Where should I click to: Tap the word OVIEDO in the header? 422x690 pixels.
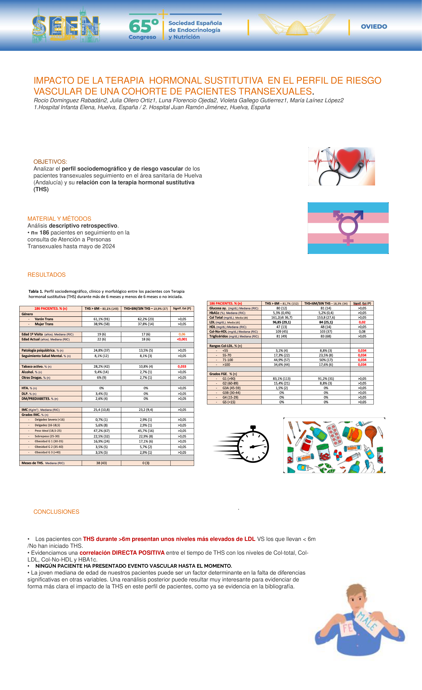coord(374,27)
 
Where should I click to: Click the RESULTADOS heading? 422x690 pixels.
coord(47,275)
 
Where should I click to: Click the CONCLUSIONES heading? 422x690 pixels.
coord(56,512)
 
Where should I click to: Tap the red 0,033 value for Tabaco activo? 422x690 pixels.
coord(182,366)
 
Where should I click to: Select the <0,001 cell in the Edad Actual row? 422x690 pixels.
coord(182,339)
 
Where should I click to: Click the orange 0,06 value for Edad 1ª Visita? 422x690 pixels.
coord(182,334)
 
